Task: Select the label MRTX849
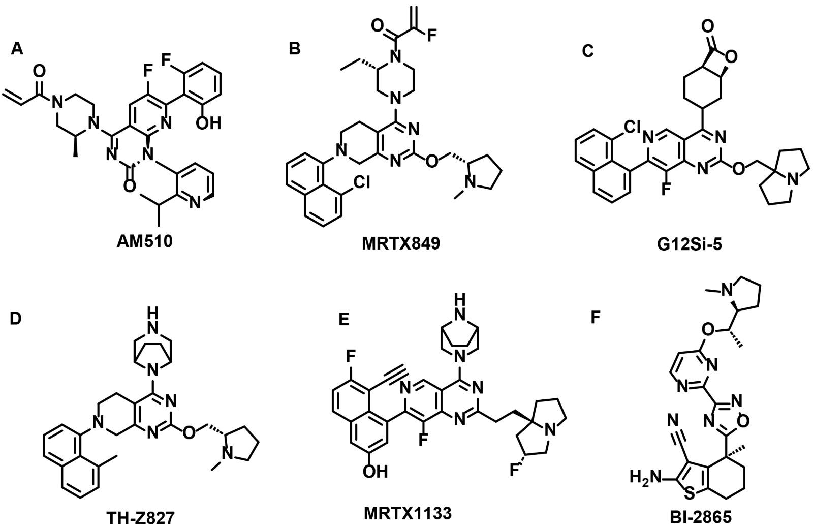tap(400, 244)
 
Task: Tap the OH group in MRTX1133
tap(376, 472)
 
